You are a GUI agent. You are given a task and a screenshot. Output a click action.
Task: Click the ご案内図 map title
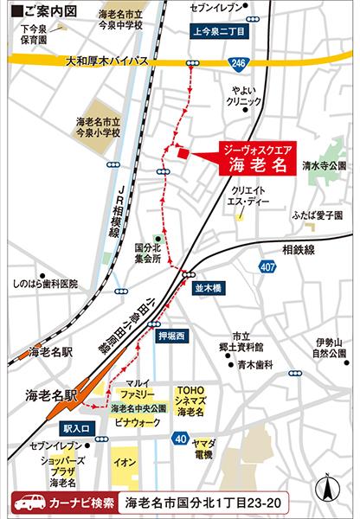point(41,13)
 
